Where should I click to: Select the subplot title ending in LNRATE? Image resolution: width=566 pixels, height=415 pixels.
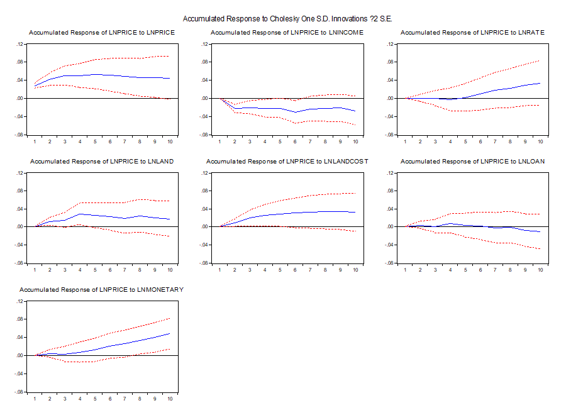[x=472, y=33]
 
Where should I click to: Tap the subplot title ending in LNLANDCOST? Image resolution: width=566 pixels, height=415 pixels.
[x=287, y=162]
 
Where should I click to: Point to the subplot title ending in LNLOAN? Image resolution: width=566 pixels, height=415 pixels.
[x=472, y=162]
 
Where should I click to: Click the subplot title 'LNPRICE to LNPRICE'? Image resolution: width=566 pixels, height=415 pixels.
[x=102, y=33]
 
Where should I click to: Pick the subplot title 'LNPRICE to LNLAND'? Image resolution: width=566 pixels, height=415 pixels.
[x=102, y=162]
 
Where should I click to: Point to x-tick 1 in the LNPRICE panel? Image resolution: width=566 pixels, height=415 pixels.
[x=35, y=141]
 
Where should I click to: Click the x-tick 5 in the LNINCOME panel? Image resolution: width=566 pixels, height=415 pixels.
[x=280, y=141]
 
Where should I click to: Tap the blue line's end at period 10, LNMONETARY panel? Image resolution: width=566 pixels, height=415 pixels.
[x=170, y=333]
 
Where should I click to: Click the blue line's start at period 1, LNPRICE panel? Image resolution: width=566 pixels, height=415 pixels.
[x=35, y=86]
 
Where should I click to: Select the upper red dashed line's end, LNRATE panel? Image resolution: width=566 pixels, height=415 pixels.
[x=540, y=61]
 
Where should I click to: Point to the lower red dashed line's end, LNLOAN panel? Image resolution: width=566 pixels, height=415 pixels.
[x=540, y=249]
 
